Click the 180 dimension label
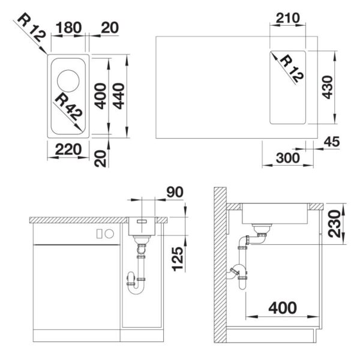(x=68, y=28)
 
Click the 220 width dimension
(x=68, y=149)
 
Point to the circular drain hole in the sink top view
(x=68, y=81)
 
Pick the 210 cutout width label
(x=287, y=18)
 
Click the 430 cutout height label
(x=327, y=87)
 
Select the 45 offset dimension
(x=332, y=142)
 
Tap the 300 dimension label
(x=287, y=158)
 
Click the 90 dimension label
(x=175, y=192)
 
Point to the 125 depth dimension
(x=178, y=259)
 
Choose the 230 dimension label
(x=334, y=223)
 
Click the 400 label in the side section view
(x=283, y=308)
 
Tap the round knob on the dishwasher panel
(x=109, y=233)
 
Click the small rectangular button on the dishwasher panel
(x=99, y=233)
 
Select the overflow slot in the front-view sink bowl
(x=142, y=221)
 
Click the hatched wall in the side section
(x=220, y=265)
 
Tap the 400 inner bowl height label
(x=101, y=96)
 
